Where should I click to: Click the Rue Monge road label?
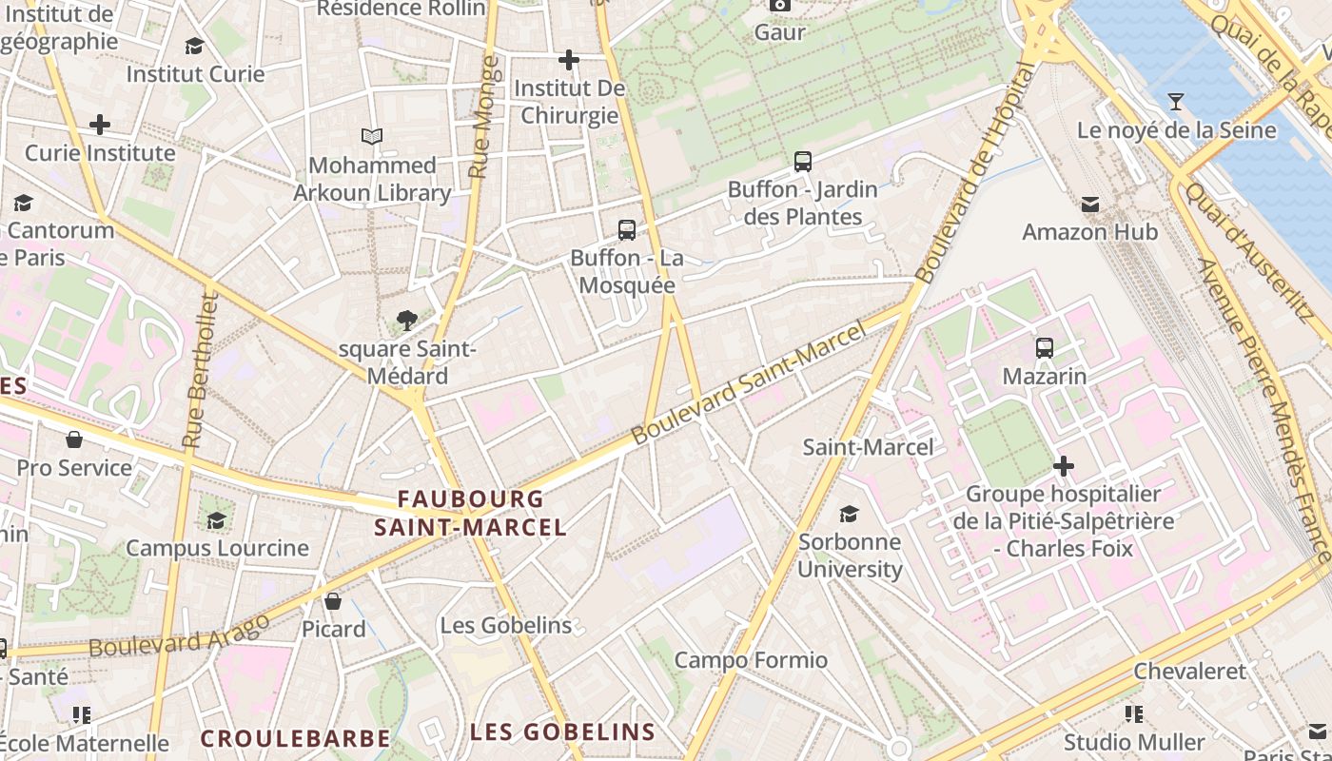[483, 117]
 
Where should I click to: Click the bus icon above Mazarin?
[1045, 348]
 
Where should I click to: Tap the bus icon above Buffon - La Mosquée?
[627, 229]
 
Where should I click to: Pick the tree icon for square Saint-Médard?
[407, 320]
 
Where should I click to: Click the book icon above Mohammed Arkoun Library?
[372, 137]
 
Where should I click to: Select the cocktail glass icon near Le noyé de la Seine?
[1176, 101]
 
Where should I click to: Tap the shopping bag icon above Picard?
[333, 601]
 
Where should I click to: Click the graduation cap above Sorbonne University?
[849, 515]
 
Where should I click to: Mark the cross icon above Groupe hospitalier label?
[1064, 466]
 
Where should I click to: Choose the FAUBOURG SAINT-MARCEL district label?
[470, 513]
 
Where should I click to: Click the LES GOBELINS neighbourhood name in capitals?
[562, 732]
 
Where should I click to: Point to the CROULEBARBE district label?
[295, 739]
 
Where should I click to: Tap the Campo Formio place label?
[751, 660]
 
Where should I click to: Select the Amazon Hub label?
[1089, 232]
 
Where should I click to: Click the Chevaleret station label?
[1189, 672]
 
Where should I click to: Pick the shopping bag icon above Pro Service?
[74, 439]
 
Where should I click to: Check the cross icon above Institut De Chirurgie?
[569, 61]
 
